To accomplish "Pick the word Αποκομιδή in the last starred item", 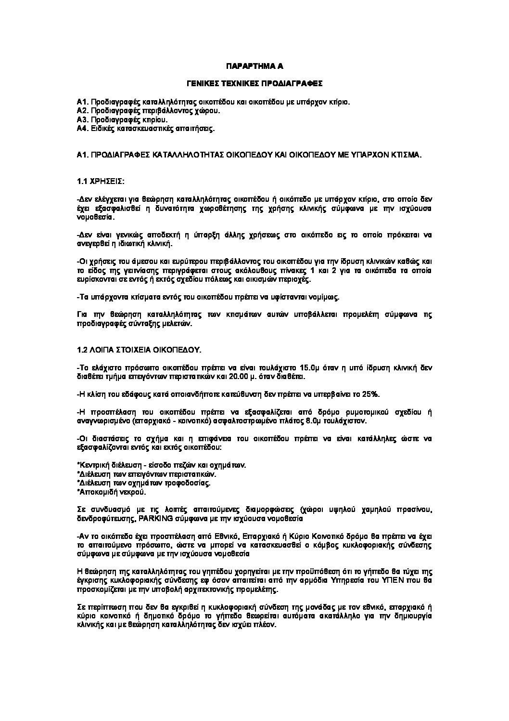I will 96,492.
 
